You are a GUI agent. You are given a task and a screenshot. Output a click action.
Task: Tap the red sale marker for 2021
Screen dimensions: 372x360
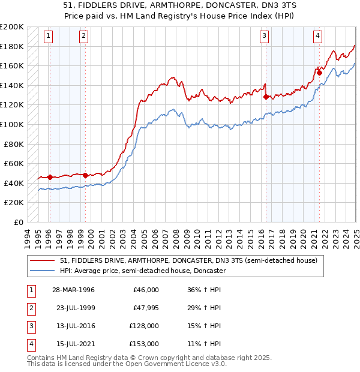(319, 73)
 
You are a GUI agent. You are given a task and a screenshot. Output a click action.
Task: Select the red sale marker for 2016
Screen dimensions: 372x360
(266, 96)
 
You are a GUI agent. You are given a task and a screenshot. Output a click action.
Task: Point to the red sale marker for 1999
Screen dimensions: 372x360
(85, 175)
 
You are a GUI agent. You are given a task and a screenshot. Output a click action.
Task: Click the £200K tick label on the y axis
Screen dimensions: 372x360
(12, 27)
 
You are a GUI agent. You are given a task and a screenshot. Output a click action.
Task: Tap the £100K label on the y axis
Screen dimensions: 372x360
(12, 124)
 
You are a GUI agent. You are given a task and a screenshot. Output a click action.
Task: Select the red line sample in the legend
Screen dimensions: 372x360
(43, 260)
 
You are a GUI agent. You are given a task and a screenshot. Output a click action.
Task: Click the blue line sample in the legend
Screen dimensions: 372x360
(43, 271)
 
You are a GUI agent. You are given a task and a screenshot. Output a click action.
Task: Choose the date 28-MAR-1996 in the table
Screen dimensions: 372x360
(74, 290)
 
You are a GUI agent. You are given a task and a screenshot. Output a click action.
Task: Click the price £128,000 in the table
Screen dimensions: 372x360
(144, 326)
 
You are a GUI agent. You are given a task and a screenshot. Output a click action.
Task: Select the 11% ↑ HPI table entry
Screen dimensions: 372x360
(203, 344)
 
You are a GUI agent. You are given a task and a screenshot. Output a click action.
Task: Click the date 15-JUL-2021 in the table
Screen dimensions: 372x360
(74, 344)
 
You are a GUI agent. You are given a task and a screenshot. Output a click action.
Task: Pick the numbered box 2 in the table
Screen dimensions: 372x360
(31, 308)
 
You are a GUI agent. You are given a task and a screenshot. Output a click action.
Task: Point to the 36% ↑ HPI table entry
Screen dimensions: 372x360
(203, 290)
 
